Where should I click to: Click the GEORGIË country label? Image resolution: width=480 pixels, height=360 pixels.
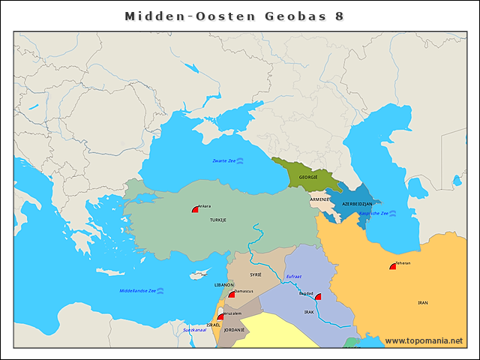tap(308, 178)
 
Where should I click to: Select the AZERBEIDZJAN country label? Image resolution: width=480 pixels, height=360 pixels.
tap(357, 204)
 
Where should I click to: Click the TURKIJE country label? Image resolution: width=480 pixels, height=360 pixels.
tap(217, 220)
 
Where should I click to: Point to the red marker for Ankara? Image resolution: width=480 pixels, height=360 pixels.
tap(195, 210)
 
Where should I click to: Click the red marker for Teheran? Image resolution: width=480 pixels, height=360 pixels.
tap(392, 266)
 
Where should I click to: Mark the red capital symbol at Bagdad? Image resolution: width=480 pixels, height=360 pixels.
tap(317, 297)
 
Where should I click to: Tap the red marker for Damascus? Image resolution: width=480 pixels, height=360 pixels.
tap(232, 295)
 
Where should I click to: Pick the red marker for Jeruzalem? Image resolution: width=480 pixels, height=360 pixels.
tap(220, 316)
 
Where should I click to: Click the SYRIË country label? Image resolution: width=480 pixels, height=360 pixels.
tap(256, 275)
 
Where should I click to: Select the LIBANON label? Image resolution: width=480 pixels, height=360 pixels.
tap(224, 285)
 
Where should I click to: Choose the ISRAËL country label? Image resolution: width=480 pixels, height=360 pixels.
tap(213, 325)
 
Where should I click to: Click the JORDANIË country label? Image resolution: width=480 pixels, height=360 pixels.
tap(234, 330)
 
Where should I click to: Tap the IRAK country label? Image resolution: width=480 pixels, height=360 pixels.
tap(309, 311)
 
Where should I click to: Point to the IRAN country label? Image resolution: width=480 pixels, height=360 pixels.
tap(422, 302)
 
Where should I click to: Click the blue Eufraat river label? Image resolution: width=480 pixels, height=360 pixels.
tap(294, 277)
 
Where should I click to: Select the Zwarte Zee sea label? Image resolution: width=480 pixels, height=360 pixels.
tap(223, 160)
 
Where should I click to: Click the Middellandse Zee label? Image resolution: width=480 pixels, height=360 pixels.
tap(138, 290)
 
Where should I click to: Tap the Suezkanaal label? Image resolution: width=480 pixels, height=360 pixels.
tap(195, 329)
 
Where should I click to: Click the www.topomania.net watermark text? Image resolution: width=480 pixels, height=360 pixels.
tap(423, 340)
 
